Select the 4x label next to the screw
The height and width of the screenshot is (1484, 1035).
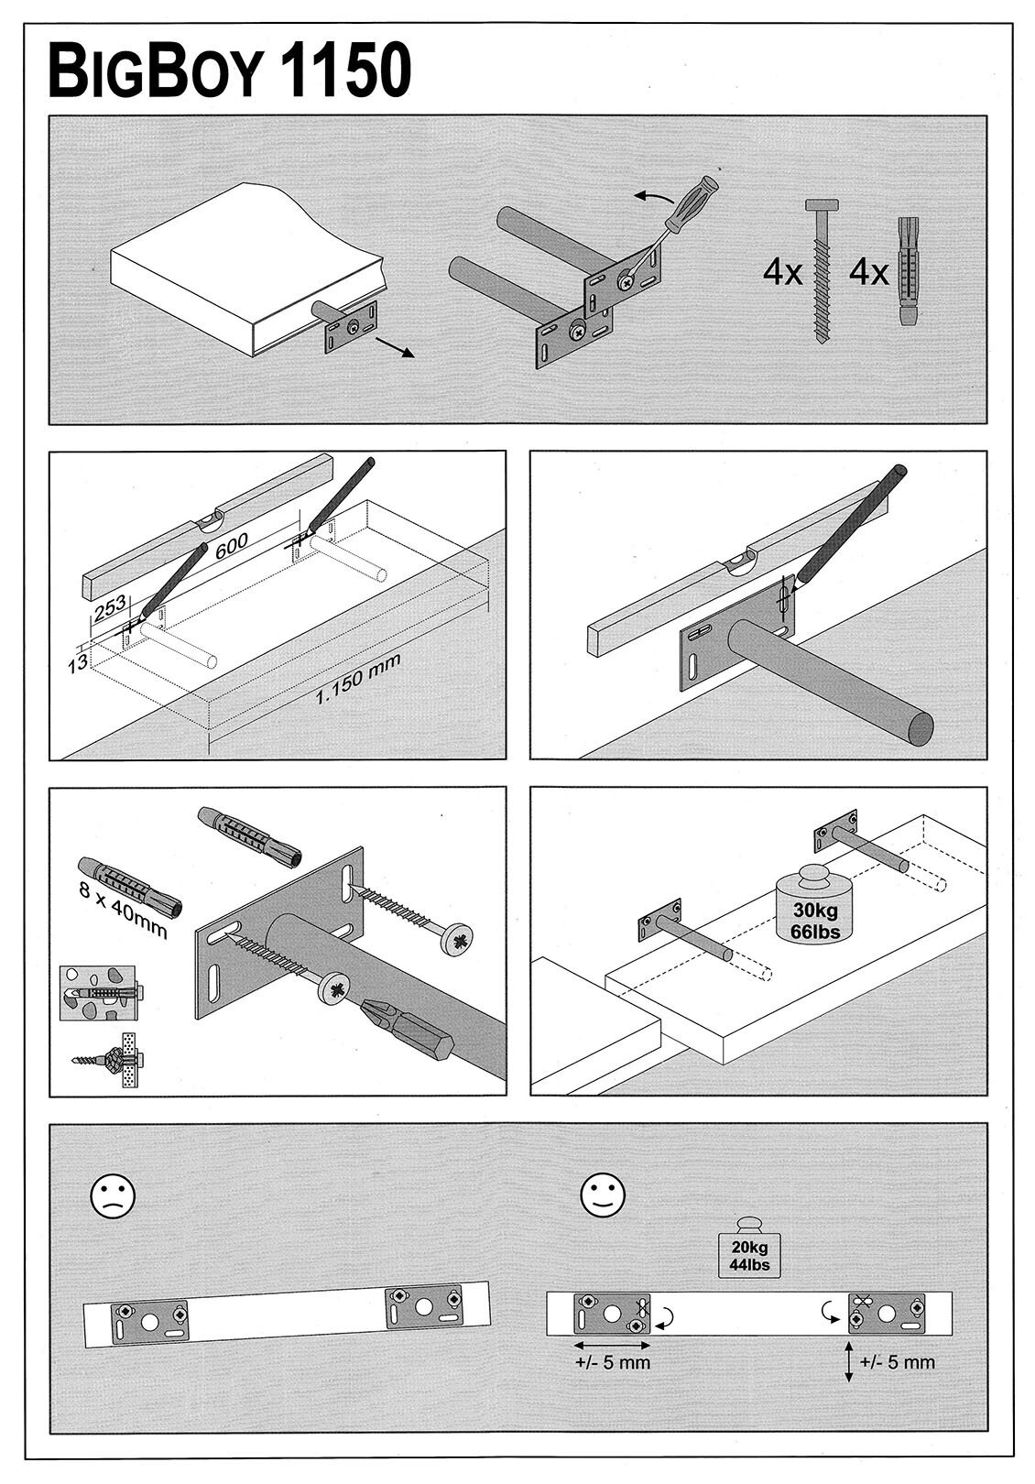click(x=782, y=272)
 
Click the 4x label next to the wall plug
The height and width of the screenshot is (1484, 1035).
click(x=868, y=272)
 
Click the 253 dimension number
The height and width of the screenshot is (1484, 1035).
click(x=109, y=609)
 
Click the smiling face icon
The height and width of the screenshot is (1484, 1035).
click(x=603, y=1195)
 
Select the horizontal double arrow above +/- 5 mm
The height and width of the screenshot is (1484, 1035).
click(x=612, y=1346)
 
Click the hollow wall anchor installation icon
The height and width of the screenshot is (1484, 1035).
click(x=107, y=1059)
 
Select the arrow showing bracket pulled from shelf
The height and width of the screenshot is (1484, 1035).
click(x=396, y=346)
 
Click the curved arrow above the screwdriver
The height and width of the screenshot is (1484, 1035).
click(x=652, y=197)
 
